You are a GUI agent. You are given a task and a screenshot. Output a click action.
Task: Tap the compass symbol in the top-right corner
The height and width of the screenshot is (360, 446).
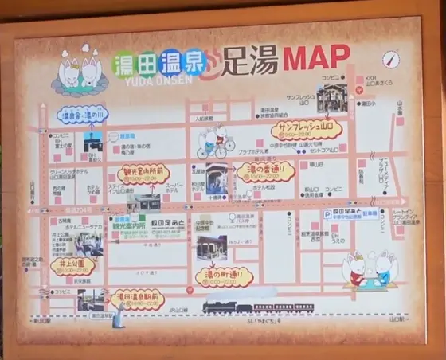(x=389, y=60)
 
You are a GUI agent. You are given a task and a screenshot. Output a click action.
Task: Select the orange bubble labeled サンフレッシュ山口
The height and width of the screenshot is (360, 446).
(x=307, y=128)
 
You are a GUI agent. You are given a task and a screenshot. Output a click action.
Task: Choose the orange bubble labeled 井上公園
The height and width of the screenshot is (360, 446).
(x=72, y=266)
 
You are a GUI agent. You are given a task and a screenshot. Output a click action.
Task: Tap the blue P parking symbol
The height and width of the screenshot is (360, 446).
(x=327, y=214)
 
